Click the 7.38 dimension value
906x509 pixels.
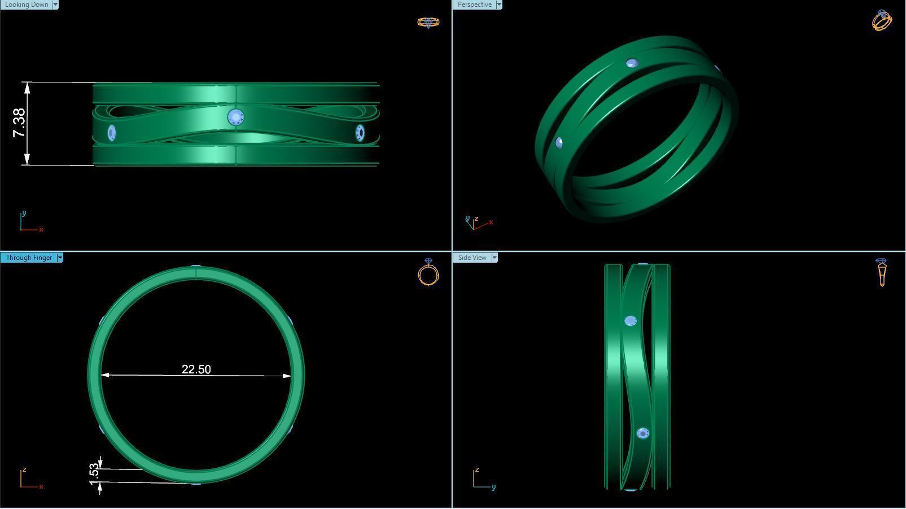tap(19, 123)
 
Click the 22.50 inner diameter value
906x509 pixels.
tap(196, 369)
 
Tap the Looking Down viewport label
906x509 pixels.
tap(26, 5)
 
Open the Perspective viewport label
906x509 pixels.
tap(474, 5)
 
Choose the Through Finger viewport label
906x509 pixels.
tap(29, 258)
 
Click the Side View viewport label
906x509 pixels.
tap(472, 258)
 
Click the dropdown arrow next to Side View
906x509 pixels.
tap(494, 258)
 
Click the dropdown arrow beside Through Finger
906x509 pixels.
tap(60, 258)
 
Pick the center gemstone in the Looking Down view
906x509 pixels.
tap(235, 118)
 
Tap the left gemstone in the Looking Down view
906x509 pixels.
tap(111, 133)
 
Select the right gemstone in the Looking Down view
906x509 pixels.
tap(360, 133)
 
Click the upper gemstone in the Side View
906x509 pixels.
tap(631, 321)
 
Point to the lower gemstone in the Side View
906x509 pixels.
tap(642, 433)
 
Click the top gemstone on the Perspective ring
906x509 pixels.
tap(632, 63)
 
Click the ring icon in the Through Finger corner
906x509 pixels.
tap(428, 273)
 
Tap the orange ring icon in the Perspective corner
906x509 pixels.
tap(882, 20)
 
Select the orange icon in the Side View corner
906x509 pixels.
tap(882, 272)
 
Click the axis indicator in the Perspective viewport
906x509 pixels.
tap(479, 223)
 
